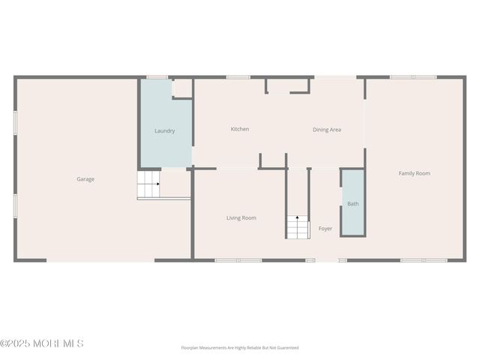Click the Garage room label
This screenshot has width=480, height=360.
pos(85,179)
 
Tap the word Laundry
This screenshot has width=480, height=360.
pos(165,130)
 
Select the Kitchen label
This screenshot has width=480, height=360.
pos(240,129)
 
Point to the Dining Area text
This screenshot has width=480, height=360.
pos(327,130)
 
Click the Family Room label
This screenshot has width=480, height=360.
pos(414,173)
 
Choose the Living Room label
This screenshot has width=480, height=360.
pos(241,218)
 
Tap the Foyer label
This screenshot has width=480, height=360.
pos(325,229)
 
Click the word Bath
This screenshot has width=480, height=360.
pos(352,203)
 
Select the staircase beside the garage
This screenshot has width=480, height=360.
pos(148,184)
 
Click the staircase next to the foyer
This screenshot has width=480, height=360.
pos(298,227)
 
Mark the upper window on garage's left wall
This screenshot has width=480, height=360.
pos(15,123)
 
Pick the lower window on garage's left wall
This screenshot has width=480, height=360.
pos(15,206)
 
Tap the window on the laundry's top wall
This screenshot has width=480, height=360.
pos(157,76)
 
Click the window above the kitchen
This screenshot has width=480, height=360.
pos(238,76)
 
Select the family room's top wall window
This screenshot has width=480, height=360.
pos(412,76)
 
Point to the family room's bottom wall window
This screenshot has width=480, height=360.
pos(424,260)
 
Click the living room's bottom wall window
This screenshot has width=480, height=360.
pos(238,260)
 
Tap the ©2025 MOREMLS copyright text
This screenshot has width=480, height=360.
pos(42,343)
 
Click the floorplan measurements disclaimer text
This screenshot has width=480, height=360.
pos(240,348)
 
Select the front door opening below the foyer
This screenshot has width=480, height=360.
pos(326,260)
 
